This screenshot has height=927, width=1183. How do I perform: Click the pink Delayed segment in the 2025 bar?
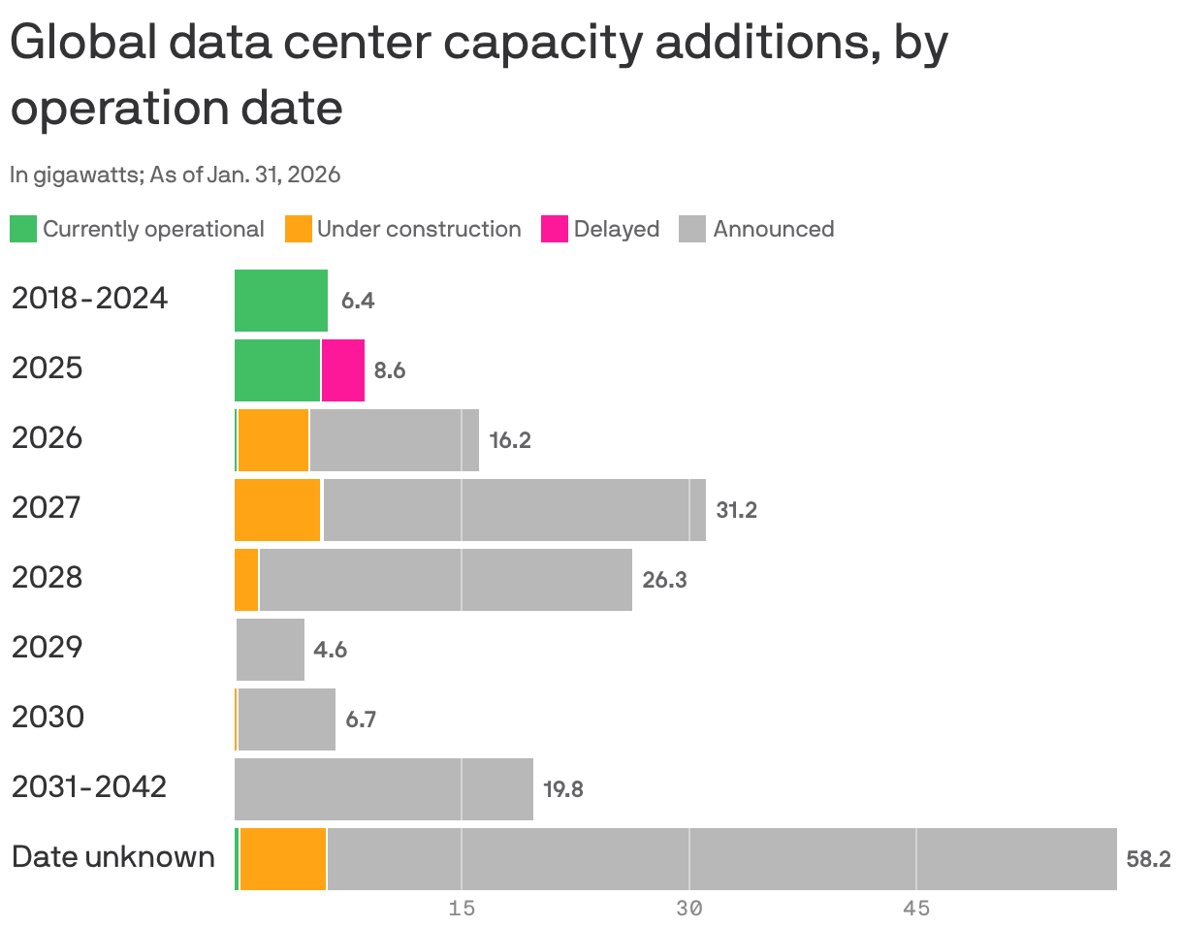click(343, 370)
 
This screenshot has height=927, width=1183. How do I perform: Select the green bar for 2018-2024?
click(281, 301)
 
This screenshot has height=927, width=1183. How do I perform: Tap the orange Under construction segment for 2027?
click(277, 510)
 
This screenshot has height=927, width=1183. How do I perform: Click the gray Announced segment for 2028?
click(446, 580)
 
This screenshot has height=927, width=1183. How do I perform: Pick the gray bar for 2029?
click(271, 650)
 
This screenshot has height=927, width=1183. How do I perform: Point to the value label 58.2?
click(1148, 859)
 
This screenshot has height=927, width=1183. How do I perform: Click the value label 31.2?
click(736, 510)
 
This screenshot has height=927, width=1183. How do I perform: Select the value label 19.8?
click(562, 789)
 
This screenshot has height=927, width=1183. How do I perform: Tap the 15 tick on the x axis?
click(462, 909)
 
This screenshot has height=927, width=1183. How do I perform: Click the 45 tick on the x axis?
click(916, 909)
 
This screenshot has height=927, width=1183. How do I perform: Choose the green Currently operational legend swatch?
click(23, 230)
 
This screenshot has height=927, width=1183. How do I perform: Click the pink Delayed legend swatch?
click(554, 230)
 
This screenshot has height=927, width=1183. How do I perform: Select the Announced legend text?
click(773, 230)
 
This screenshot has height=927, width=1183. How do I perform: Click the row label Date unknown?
click(112, 857)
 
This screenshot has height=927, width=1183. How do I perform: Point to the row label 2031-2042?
click(89, 787)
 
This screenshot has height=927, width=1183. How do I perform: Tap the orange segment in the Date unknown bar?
click(283, 859)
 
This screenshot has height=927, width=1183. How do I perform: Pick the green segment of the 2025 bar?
click(277, 370)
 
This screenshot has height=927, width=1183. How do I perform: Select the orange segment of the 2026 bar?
click(273, 440)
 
